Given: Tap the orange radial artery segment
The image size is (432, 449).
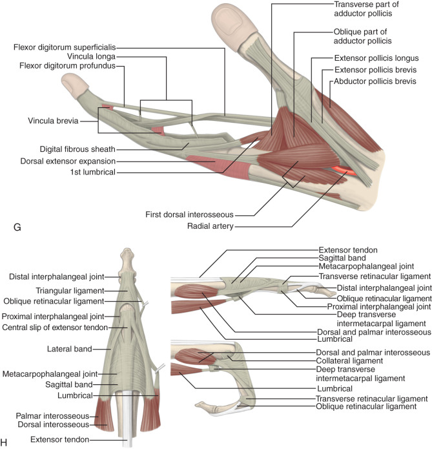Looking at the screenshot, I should (x=340, y=171).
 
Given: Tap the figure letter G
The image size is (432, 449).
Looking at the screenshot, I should (x=8, y=229).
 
